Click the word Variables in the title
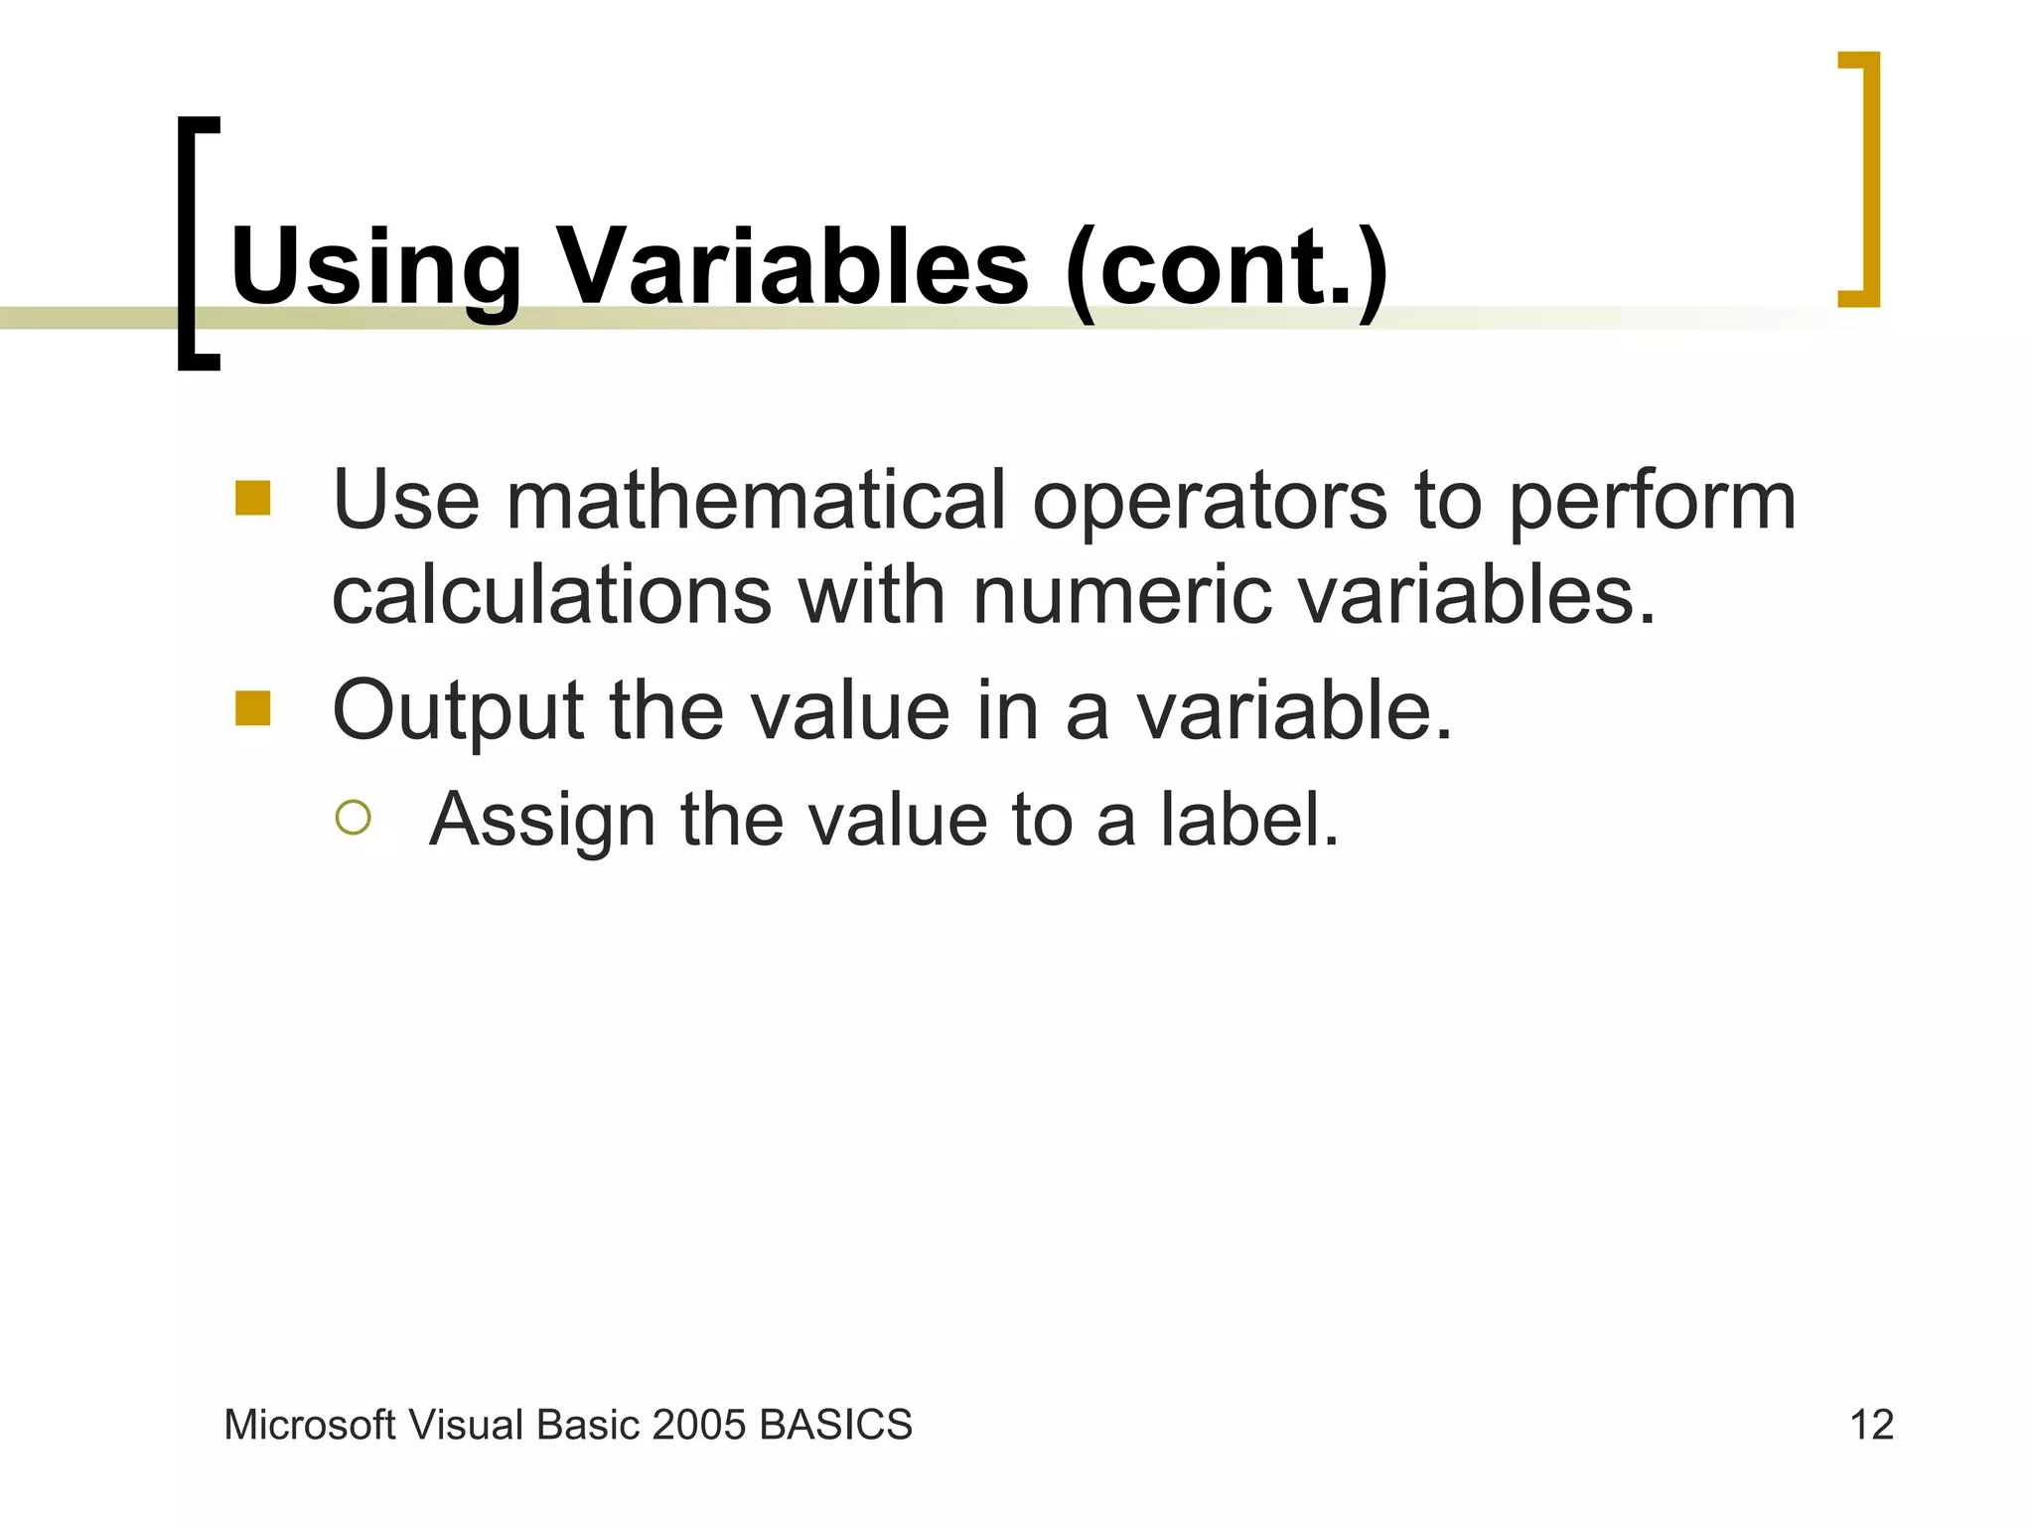pyautogui.click(x=793, y=266)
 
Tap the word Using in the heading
pyautogui.click(x=375, y=266)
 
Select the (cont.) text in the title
pyautogui.click(x=1226, y=268)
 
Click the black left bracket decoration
pyautogui.click(x=189, y=243)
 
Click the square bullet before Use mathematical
pyautogui.click(x=253, y=499)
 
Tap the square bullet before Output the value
pyautogui.click(x=253, y=709)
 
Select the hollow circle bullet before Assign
pyautogui.click(x=353, y=818)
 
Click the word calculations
pyautogui.click(x=552, y=596)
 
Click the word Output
pyautogui.click(x=458, y=711)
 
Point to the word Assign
pyautogui.click(x=541, y=822)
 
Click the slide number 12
pyautogui.click(x=1871, y=1426)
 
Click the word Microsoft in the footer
pyautogui.click(x=310, y=1426)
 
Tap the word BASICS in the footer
pyautogui.click(x=835, y=1426)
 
